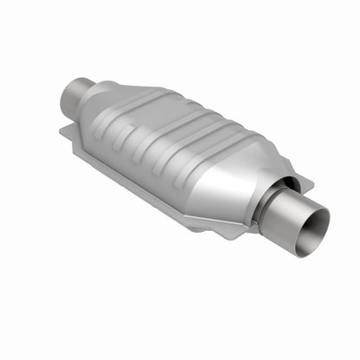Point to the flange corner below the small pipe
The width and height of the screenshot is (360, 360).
point(67,132)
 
